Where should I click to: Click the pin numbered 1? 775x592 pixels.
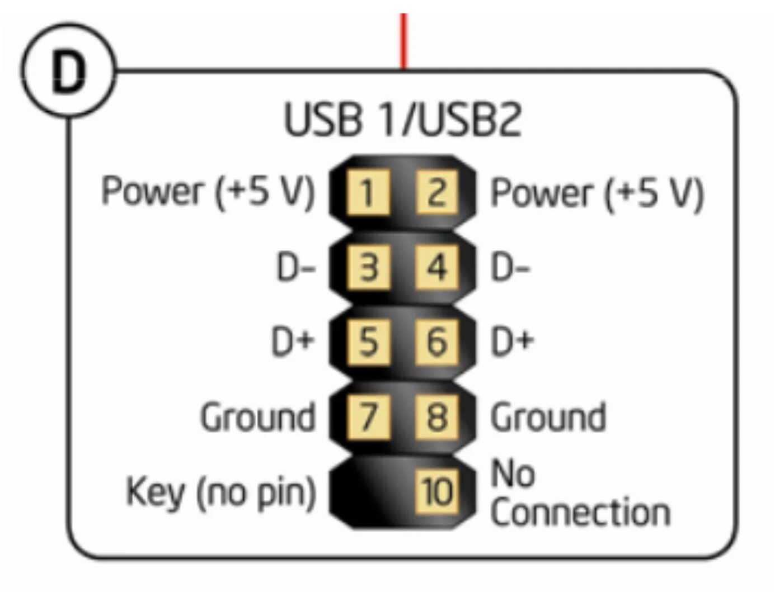coord(368,193)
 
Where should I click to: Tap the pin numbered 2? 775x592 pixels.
coord(437,193)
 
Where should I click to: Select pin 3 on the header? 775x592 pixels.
coord(368,267)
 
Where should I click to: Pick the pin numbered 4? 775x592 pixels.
coord(437,267)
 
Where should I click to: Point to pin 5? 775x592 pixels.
coord(368,342)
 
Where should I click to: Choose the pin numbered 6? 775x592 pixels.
coord(437,342)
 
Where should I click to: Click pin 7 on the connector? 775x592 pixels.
coord(368,416)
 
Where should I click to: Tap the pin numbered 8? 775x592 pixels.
coord(437,416)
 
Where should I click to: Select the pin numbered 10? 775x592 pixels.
coord(437,492)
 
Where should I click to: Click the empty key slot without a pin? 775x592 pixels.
coord(367,492)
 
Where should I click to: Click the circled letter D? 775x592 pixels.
coord(69,71)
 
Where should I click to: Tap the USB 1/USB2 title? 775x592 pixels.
coord(403,119)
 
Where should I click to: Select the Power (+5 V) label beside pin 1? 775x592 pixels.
coord(208,192)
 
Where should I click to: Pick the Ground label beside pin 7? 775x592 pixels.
coord(258,417)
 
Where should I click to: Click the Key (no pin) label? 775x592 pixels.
coord(221,492)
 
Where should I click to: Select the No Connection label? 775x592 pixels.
coord(579,493)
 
